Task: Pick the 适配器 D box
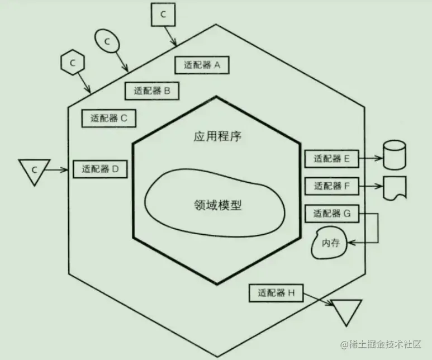100,168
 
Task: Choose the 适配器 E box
331,159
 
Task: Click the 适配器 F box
331,186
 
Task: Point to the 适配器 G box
331,213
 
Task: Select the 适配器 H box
276,292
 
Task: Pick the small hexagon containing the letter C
72,63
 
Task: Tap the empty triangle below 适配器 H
346,310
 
